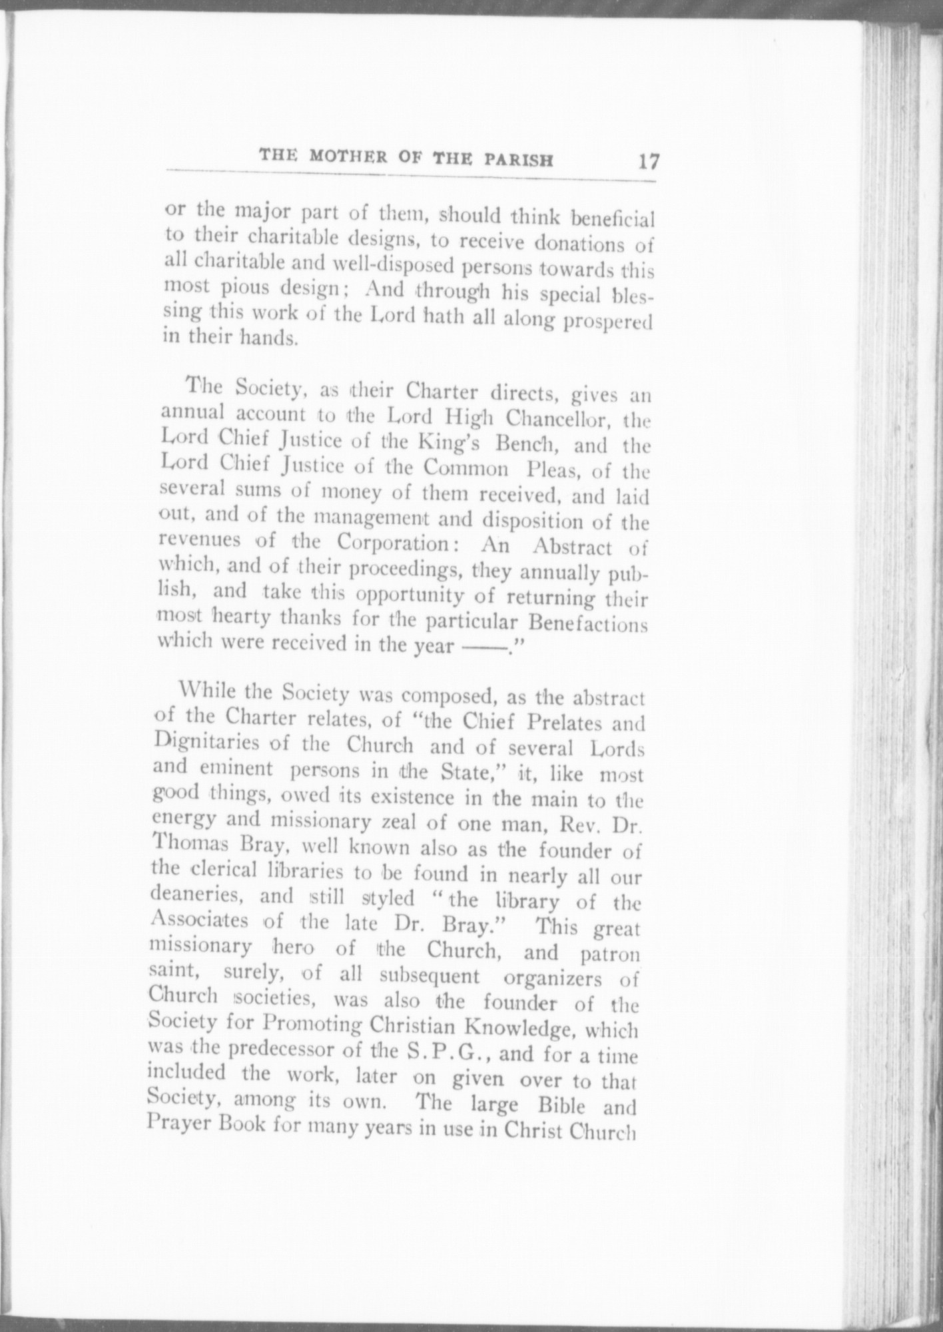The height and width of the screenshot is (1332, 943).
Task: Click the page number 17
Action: [648, 163]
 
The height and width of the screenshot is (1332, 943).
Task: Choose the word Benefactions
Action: [587, 624]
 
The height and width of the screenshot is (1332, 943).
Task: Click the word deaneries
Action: [199, 896]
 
